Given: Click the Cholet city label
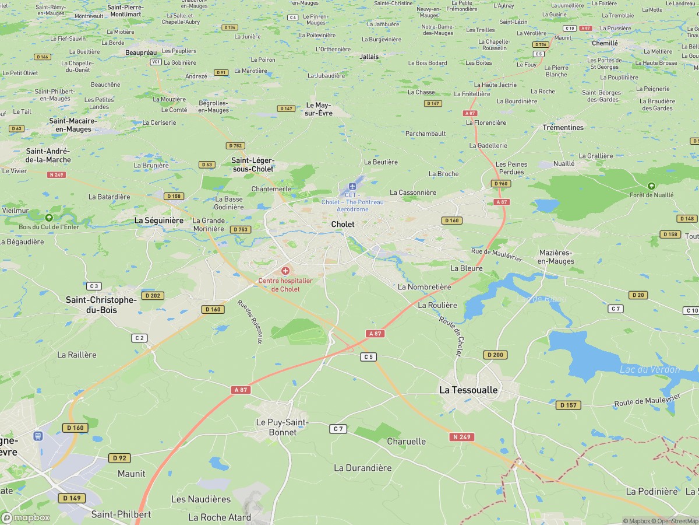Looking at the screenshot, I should (x=343, y=224).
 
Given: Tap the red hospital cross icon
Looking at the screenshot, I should (x=285, y=271).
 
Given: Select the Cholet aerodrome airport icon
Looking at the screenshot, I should (x=352, y=186).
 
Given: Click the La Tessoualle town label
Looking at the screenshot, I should (x=468, y=389).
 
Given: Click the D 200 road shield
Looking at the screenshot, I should (x=495, y=355).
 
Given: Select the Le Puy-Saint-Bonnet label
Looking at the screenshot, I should (x=282, y=427).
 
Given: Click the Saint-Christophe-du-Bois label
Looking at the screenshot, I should (x=101, y=304).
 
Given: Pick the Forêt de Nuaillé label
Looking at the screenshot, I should (x=651, y=195).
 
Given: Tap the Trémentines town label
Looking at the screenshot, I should (x=563, y=127).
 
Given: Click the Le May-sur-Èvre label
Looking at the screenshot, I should (x=319, y=109).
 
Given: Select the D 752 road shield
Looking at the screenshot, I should (x=235, y=146).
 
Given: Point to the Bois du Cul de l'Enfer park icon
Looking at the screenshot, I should (x=49, y=217).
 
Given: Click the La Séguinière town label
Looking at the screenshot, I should (x=159, y=220).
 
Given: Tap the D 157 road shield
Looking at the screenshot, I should (x=568, y=405).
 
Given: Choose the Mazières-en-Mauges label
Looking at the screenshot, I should (x=556, y=257).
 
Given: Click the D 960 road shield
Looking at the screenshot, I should (x=500, y=183).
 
